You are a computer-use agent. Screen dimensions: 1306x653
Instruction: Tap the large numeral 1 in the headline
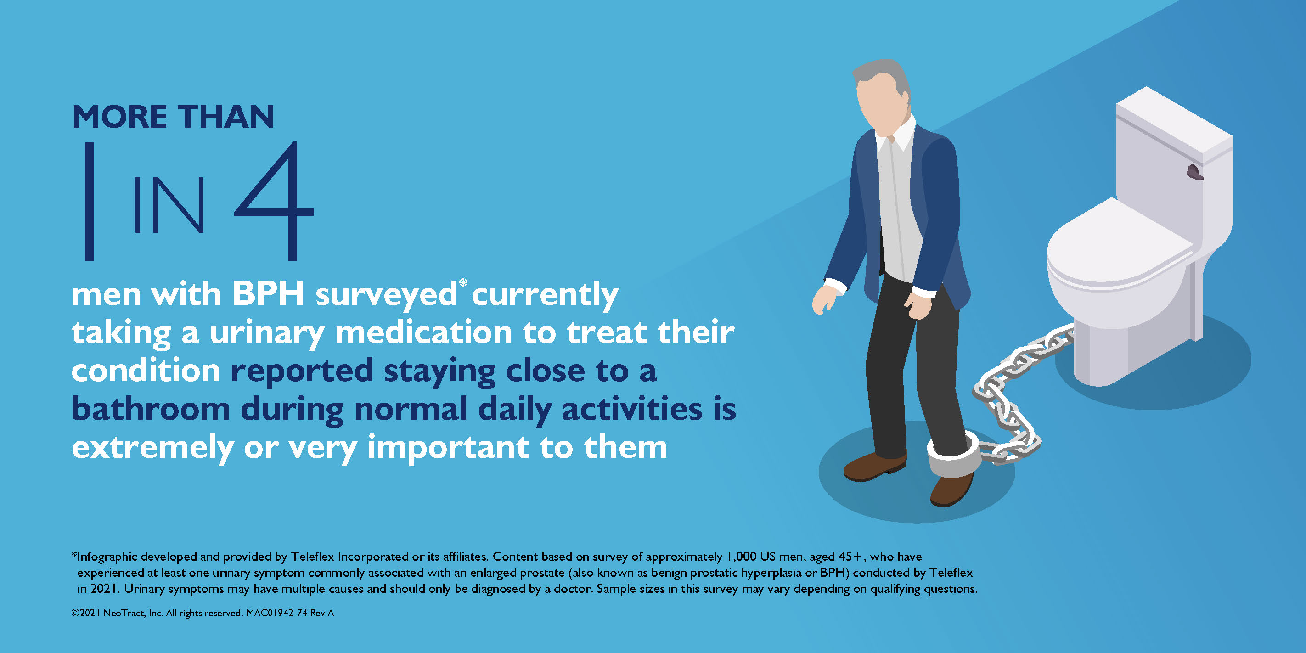pos(90,201)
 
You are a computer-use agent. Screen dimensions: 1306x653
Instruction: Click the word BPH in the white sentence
pos(268,293)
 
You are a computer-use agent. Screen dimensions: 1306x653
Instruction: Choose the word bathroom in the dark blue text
pos(151,409)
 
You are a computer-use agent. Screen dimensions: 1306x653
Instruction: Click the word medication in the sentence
pos(423,332)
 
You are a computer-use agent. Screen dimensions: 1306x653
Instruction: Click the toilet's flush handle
pos(1194,172)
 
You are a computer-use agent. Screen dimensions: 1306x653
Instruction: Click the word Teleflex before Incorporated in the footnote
pos(312,556)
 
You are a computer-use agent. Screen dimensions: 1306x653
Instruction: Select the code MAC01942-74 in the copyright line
pos(277,613)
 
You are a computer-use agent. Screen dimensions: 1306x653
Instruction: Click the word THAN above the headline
pos(225,117)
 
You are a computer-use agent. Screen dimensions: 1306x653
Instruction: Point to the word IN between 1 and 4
pos(169,205)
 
